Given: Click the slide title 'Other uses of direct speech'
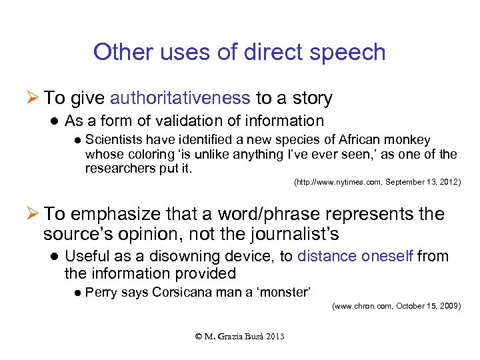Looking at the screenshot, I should coord(239,52).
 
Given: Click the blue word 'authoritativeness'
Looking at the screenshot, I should coord(180,99).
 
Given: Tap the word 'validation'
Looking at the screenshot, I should coord(199,121).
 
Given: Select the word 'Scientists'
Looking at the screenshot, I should coord(112,140).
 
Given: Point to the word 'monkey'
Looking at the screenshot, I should coord(408,140).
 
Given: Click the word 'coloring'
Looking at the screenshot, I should coord(139,154).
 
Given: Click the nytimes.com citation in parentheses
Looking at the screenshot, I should coord(377,181).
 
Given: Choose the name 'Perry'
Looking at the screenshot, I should coord(101,292).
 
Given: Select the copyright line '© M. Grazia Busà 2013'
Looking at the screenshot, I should coord(239,336).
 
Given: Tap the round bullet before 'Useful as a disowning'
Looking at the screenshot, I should coord(56,257).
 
